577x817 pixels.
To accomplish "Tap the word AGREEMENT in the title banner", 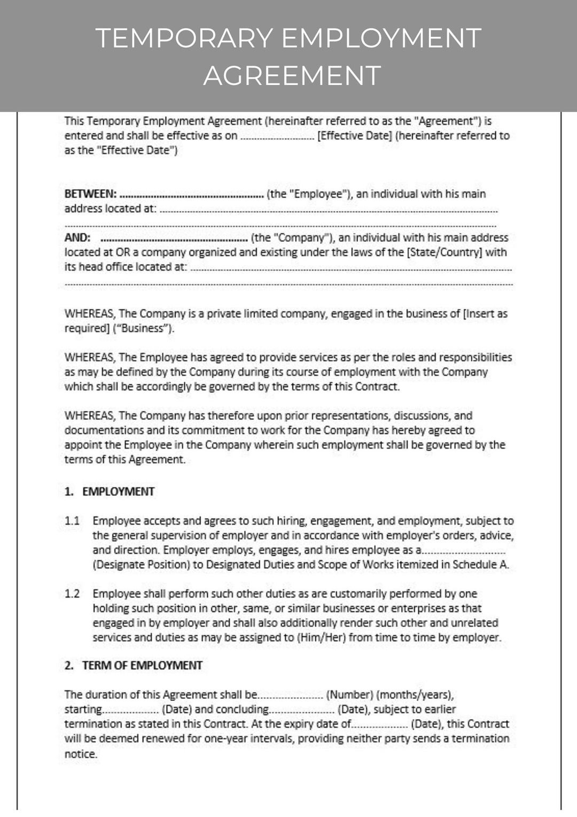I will [292, 75].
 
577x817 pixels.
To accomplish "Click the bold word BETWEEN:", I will [90, 194].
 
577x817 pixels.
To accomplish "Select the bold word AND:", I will [77, 237].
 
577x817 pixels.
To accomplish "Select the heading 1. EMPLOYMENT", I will [110, 491].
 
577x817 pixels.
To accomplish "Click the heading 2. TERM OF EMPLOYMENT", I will [134, 665].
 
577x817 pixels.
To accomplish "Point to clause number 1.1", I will [72, 521].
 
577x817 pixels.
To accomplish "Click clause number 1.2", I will [72, 594].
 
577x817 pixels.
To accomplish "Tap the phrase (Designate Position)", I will [141, 565].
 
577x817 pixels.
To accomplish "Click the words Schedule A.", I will [480, 565].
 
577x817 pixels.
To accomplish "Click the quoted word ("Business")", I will [143, 328].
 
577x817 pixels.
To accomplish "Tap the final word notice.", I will [81, 754].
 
